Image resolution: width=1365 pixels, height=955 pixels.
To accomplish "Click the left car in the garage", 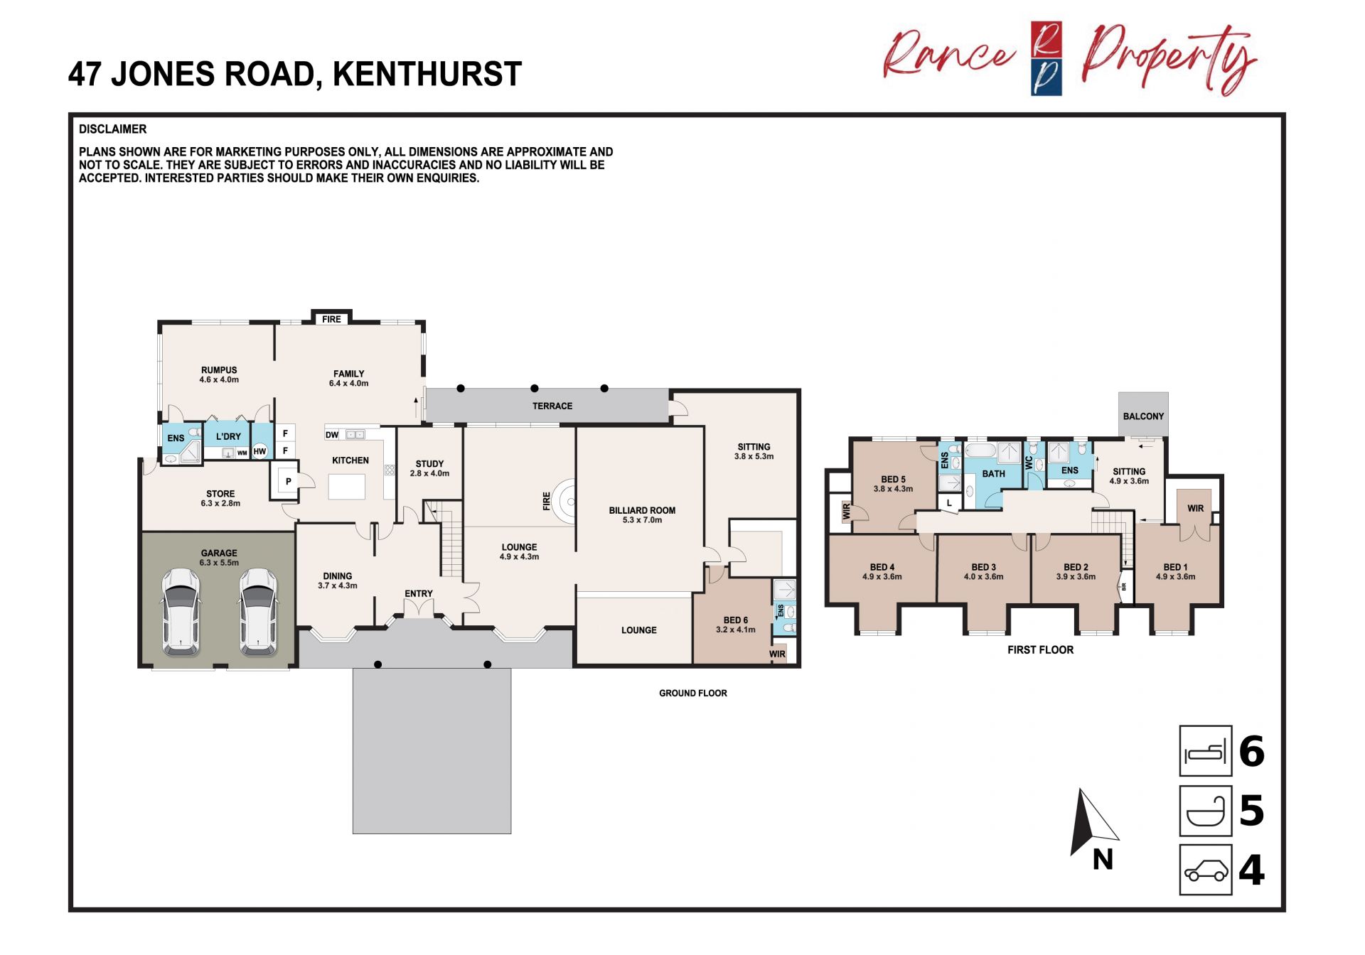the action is point(181,611).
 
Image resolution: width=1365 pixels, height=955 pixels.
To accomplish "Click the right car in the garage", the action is point(258,611).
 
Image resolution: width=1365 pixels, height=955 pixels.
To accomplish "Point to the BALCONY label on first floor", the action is point(1143,416).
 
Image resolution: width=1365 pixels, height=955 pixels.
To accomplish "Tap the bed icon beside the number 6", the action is point(1206,750).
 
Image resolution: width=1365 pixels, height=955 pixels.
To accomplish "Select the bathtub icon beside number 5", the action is point(1206,811).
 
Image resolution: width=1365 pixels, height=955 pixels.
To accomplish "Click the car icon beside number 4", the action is point(1206,870).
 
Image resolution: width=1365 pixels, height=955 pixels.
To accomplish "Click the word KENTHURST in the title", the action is point(427,74).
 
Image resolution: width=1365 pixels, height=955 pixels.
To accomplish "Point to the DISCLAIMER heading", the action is point(112,129).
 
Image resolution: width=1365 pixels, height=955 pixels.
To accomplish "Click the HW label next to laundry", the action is point(259,451).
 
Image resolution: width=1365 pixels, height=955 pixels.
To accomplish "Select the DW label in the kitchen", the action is point(332,435).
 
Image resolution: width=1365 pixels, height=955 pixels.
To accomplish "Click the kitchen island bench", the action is point(347,487).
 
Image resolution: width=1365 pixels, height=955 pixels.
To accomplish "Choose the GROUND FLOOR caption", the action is point(693,693).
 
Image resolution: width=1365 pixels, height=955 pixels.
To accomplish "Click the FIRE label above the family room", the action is point(331,319).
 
